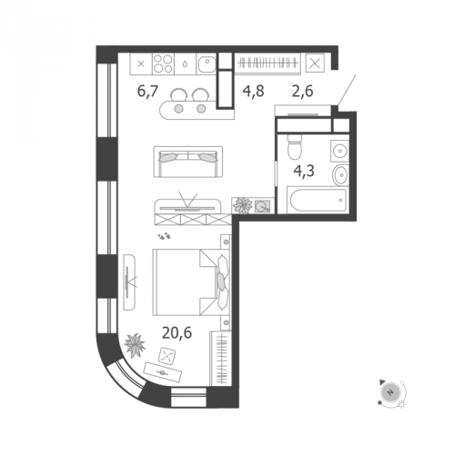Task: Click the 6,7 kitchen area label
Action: pyautogui.click(x=147, y=91)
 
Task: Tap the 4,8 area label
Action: pyautogui.click(x=254, y=91)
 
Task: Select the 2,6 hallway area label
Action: pyautogui.click(x=303, y=91)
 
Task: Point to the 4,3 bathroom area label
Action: pyautogui.click(x=304, y=172)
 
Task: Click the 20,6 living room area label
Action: pyautogui.click(x=177, y=333)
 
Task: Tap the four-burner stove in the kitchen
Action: pyautogui.click(x=163, y=64)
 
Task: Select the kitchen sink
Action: pyautogui.click(x=207, y=64)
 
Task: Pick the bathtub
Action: pyautogui.click(x=318, y=200)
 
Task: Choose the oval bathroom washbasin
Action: pyautogui.click(x=341, y=174)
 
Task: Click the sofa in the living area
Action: pyautogui.click(x=188, y=162)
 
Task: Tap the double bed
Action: pyautogui.click(x=191, y=282)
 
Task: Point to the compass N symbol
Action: pyautogui.click(x=390, y=392)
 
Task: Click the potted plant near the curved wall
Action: pyautogui.click(x=135, y=345)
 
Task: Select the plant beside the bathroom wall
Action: pyautogui.click(x=242, y=205)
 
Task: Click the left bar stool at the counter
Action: pyautogui.click(x=178, y=94)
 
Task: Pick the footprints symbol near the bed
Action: pyautogui.click(x=165, y=235)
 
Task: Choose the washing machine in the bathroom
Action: pyautogui.click(x=339, y=151)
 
